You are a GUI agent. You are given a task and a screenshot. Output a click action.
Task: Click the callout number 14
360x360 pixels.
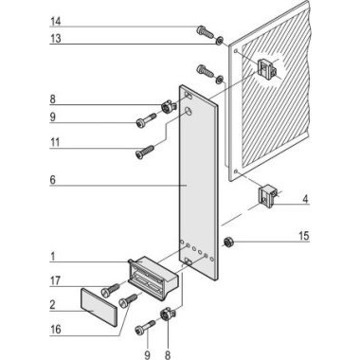pos(56,22)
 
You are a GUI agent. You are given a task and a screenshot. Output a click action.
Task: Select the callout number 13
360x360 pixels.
pos(56,39)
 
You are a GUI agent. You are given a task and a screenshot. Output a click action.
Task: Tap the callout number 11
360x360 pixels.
pos(55,142)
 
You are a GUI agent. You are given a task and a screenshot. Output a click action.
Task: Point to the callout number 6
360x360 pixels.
pos(53,180)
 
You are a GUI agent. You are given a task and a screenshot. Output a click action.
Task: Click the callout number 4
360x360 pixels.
pos(305,199)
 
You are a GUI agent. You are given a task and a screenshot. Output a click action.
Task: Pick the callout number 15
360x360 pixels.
pos(304,236)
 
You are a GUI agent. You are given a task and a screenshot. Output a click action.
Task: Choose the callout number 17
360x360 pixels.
pos(55,280)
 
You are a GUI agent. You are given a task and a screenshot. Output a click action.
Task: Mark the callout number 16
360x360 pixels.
pos(56,330)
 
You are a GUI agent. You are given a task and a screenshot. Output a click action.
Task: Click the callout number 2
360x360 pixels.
pos(53,305)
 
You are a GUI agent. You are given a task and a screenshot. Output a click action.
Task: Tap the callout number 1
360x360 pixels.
pos(53,257)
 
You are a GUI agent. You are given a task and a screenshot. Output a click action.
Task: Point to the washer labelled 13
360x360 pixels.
pos(220,41)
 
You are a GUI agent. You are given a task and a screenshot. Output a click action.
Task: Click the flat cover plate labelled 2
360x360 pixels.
pos(99,307)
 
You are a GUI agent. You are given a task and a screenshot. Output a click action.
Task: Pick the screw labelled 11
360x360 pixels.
pos(145,152)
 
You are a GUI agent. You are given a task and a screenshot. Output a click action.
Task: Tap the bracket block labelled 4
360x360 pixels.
pos(268,196)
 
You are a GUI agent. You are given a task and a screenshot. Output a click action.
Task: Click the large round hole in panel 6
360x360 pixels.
pos(189,111)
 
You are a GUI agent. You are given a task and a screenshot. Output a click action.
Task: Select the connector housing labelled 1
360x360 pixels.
pos(153,278)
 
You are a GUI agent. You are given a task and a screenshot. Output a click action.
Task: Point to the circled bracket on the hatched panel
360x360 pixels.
pos(267,68)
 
